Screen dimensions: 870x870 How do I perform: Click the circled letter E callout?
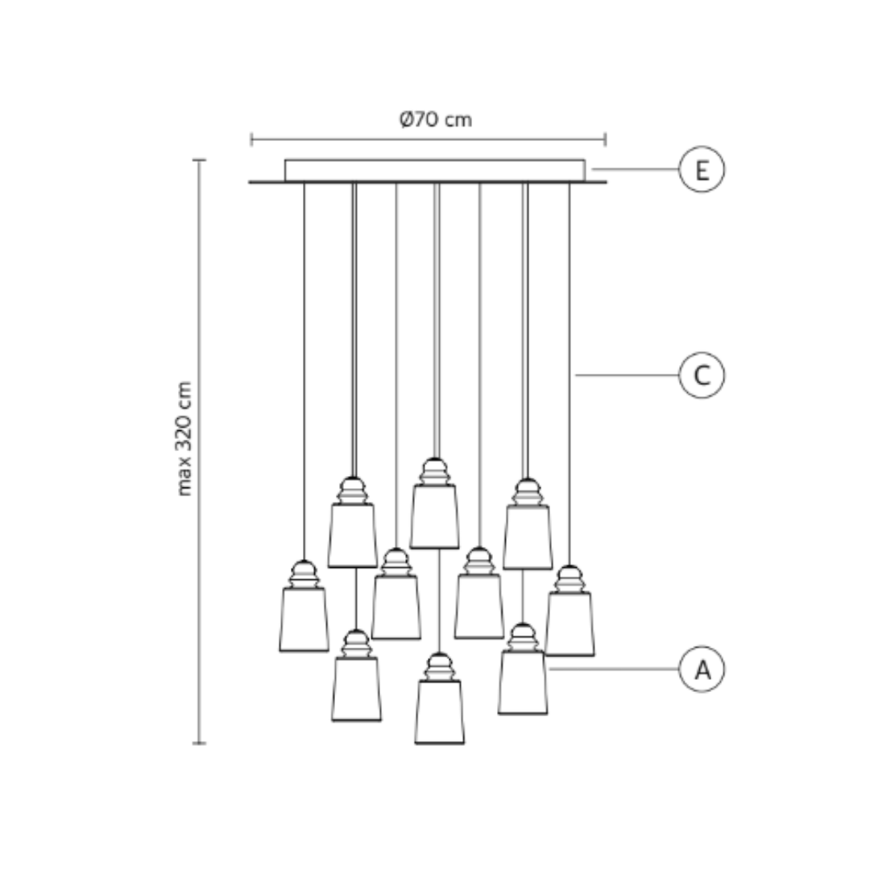pyautogui.click(x=702, y=170)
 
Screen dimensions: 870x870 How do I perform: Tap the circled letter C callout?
pyautogui.click(x=702, y=375)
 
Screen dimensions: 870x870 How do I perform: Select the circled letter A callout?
pyautogui.click(x=702, y=669)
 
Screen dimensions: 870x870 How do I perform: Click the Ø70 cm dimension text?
pyautogui.click(x=436, y=120)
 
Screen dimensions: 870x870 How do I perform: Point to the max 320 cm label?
pyautogui.click(x=185, y=438)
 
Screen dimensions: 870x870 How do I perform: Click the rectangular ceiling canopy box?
pyautogui.click(x=435, y=170)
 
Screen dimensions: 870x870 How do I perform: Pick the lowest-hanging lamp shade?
pyautogui.click(x=439, y=711)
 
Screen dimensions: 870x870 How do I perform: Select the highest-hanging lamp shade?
pyautogui.click(x=434, y=516)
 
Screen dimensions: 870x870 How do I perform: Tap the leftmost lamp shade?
pyautogui.click(x=304, y=619)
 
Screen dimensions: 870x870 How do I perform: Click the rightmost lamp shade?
pyautogui.click(x=570, y=623)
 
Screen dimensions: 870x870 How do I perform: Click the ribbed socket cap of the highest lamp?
pyautogui.click(x=435, y=472)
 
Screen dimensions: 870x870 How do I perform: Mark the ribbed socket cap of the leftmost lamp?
pyautogui.click(x=304, y=574)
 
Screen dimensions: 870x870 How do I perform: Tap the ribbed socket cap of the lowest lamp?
pyautogui.click(x=439, y=667)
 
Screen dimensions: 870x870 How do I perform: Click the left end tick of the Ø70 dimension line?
pyautogui.click(x=252, y=140)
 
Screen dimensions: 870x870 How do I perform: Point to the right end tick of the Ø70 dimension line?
pyautogui.click(x=605, y=140)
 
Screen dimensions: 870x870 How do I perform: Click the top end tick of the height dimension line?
pyautogui.click(x=199, y=160)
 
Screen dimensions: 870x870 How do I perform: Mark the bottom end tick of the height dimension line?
pyautogui.click(x=199, y=743)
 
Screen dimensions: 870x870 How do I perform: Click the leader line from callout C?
pyautogui.click(x=627, y=375)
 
